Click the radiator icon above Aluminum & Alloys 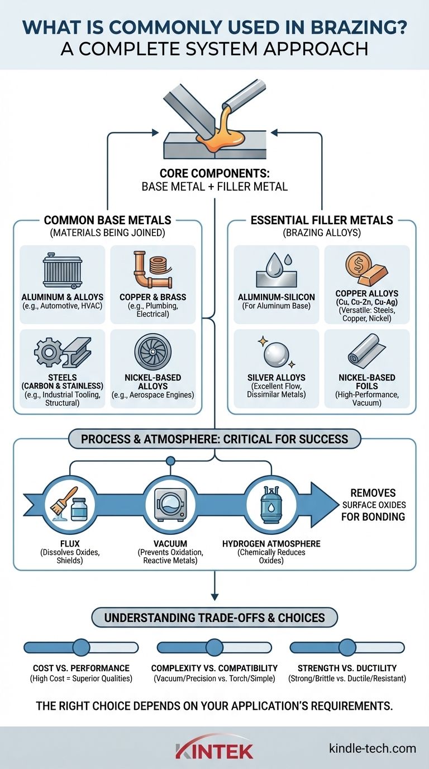tap(62, 273)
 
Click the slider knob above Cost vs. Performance tap(81, 647)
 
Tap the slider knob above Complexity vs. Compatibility tap(214, 647)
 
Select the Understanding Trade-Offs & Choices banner tap(214, 617)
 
